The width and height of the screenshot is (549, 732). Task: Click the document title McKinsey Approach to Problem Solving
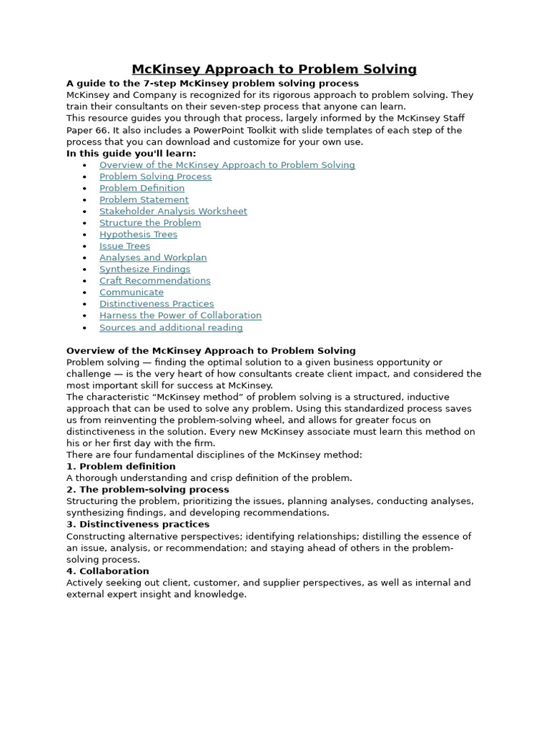pos(274,69)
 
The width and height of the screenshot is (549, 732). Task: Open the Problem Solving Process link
pos(155,177)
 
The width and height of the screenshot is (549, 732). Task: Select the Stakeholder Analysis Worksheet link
pos(173,212)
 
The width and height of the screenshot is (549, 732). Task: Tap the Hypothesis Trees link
pos(138,234)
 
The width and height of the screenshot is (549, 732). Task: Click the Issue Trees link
pos(124,246)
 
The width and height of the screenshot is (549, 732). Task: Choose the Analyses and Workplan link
pos(153,257)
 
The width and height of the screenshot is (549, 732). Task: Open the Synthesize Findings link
pos(144,269)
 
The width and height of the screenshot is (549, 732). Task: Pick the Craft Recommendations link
pos(154,281)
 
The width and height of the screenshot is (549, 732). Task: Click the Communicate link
pos(132,292)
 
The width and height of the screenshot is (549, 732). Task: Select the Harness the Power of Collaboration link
pos(180,315)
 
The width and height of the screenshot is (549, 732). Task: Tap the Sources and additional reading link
pos(171,328)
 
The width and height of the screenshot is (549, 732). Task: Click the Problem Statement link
pos(144,200)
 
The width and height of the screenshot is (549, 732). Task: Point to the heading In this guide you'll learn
pos(131,154)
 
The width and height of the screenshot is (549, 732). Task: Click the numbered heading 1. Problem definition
pos(121,467)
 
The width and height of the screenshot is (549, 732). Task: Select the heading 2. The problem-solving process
pos(147,490)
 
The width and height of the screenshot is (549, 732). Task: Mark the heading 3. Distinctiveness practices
pos(138,525)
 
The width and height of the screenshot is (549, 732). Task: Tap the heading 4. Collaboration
pos(108,571)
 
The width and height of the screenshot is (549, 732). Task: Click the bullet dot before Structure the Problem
pos(84,224)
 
